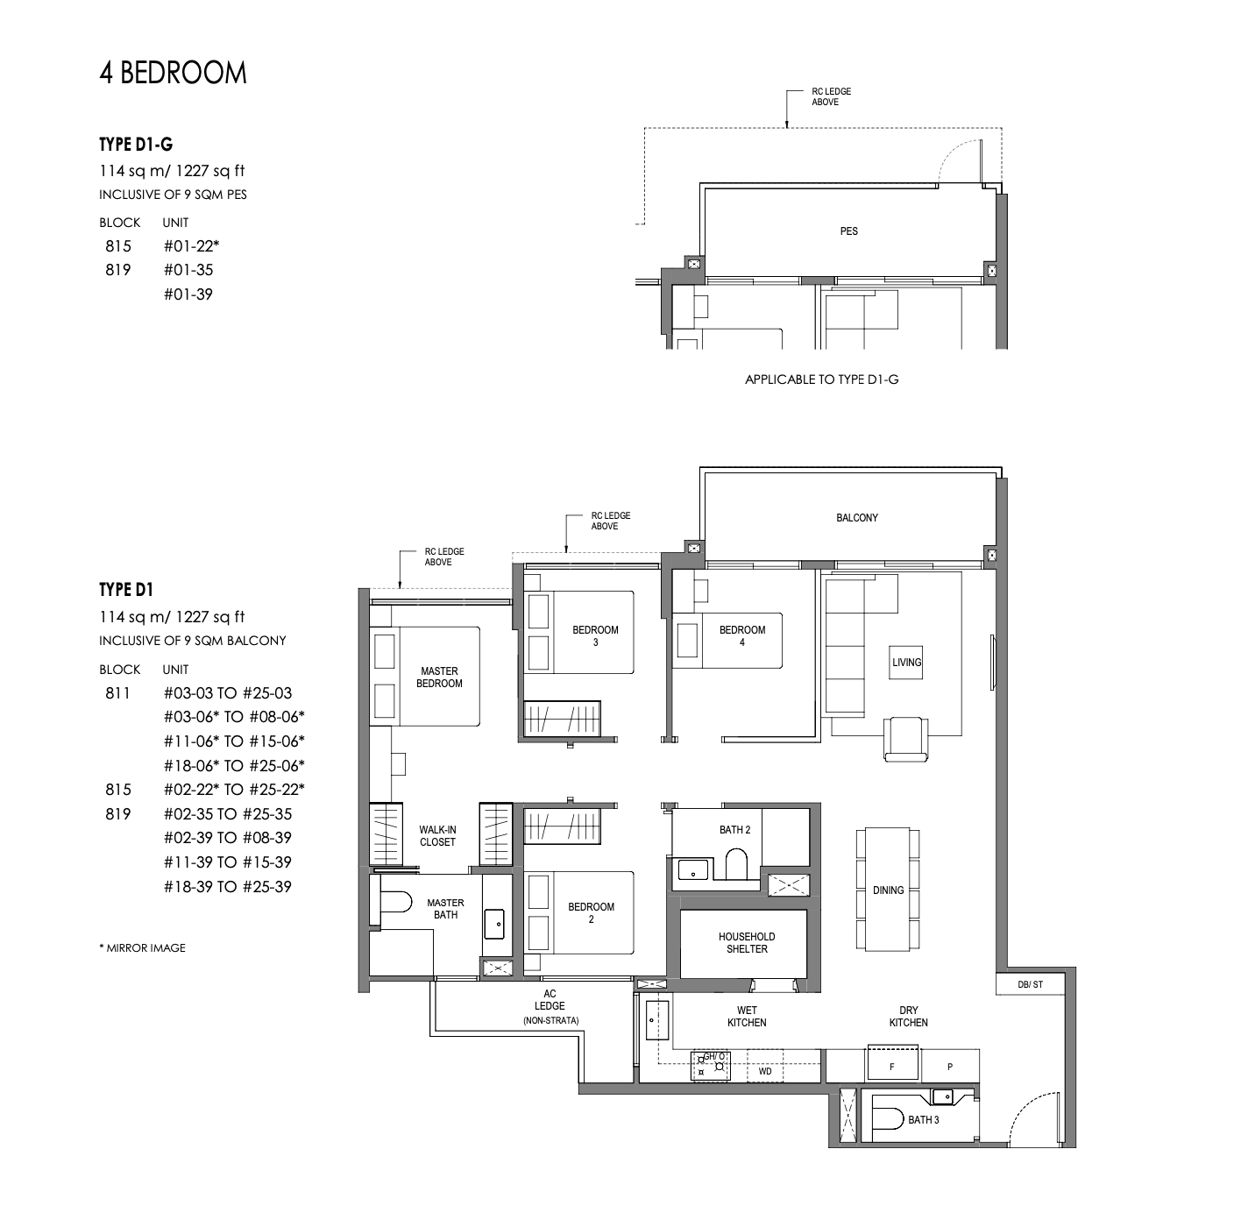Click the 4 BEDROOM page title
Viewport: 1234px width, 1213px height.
pyautogui.click(x=173, y=73)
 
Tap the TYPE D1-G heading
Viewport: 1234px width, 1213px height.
pyautogui.click(x=136, y=145)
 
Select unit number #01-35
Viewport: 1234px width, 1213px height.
pyautogui.click(x=188, y=270)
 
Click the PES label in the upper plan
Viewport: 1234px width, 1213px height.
pyautogui.click(x=848, y=231)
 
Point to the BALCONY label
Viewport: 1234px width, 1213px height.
pyautogui.click(x=856, y=518)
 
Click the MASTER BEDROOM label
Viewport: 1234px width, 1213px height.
pyautogui.click(x=439, y=677)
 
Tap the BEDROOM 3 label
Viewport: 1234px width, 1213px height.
pyautogui.click(x=595, y=635)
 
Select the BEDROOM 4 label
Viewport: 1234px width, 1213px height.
pyautogui.click(x=741, y=635)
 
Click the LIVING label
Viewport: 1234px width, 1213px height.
pyautogui.click(x=906, y=663)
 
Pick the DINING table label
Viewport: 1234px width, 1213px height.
pyautogui.click(x=888, y=890)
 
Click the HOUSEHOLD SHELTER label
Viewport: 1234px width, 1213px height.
pyautogui.click(x=746, y=943)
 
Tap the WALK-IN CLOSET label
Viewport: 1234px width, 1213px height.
pyautogui.click(x=437, y=836)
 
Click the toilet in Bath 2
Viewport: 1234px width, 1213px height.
pyautogui.click(x=735, y=865)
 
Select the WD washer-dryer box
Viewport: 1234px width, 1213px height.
pyautogui.click(x=765, y=1071)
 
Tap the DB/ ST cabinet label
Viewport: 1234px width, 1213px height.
pyautogui.click(x=1030, y=984)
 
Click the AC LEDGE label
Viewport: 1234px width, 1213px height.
pyautogui.click(x=550, y=1006)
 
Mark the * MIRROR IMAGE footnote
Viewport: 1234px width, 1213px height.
pyautogui.click(x=142, y=947)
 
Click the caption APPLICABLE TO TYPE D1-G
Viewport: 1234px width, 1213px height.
pyautogui.click(x=821, y=380)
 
